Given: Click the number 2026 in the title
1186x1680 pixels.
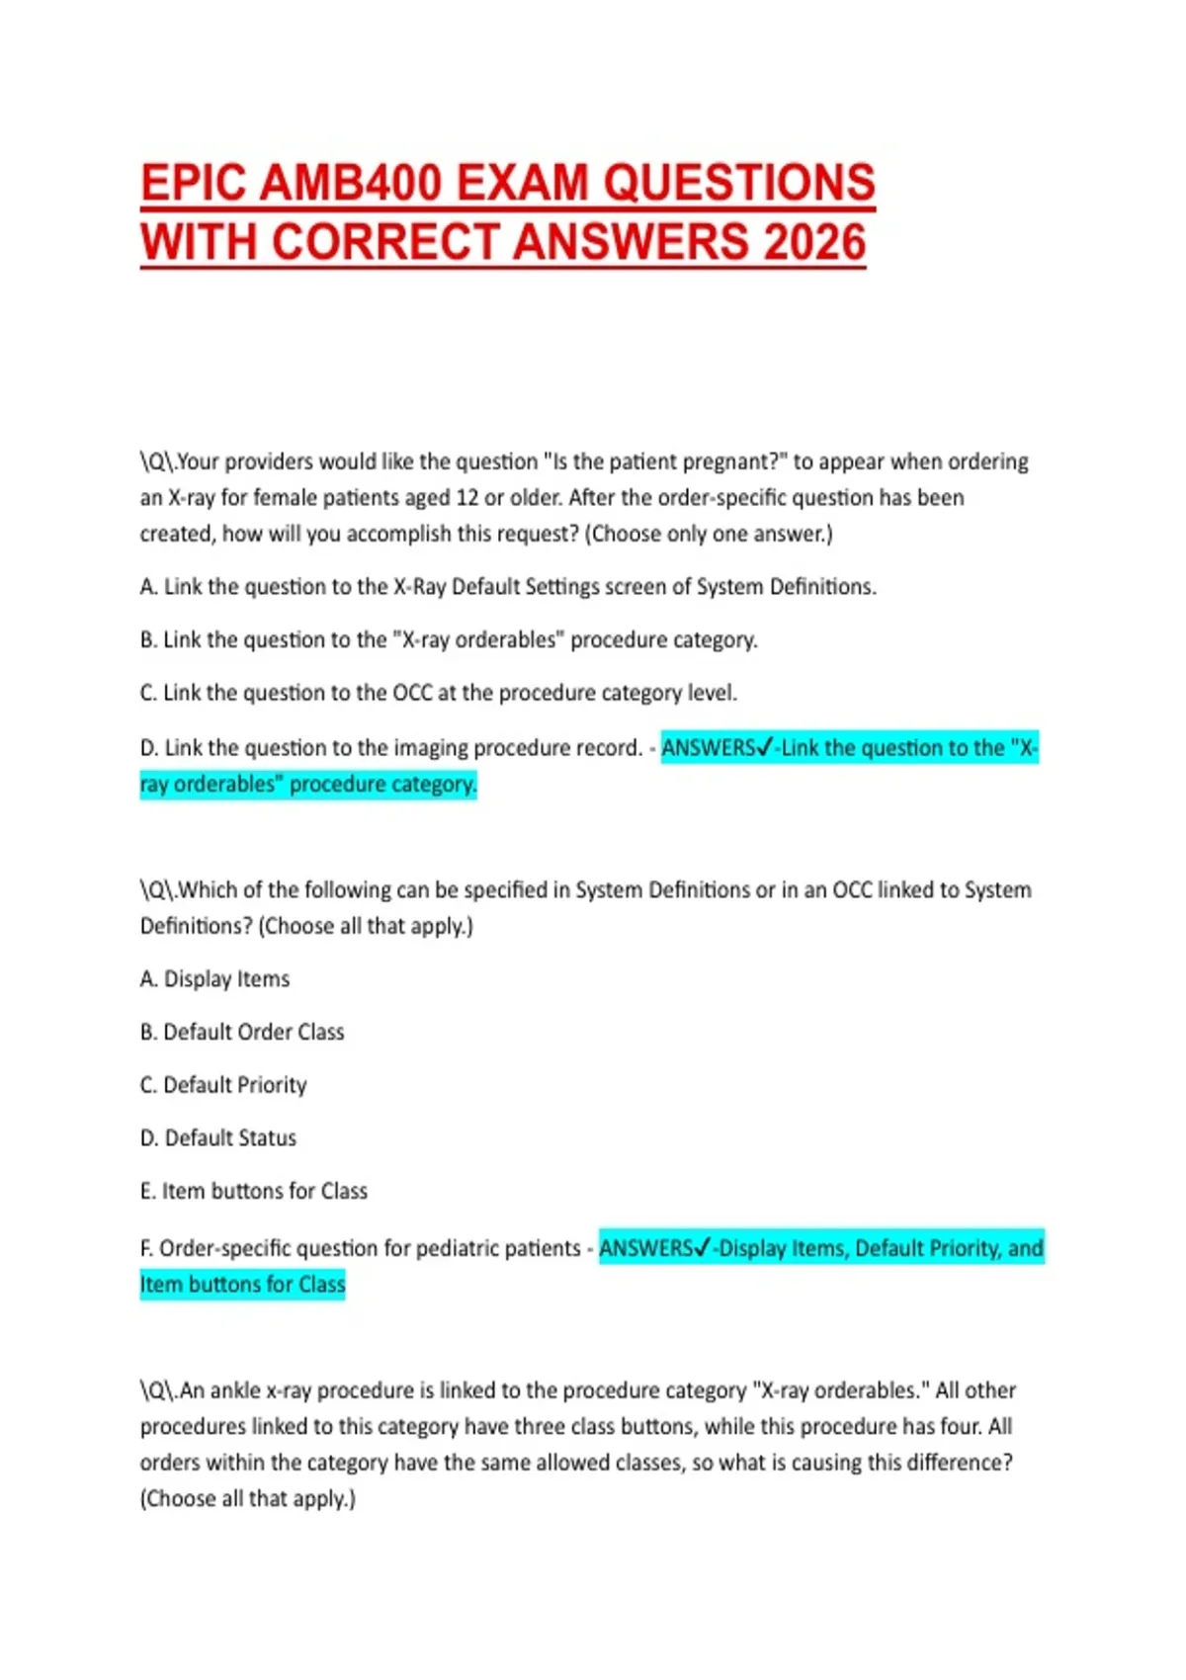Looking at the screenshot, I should pos(813,242).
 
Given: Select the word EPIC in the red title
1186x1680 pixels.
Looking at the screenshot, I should pos(195,184).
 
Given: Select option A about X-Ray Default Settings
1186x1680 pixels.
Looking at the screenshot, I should pos(508,587).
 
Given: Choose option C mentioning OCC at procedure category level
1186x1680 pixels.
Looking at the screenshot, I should pos(438,693).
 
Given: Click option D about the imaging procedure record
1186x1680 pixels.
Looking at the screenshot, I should pos(391,748).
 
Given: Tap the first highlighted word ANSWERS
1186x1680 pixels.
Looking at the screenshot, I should pos(707,748).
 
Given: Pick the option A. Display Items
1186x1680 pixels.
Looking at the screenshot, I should pos(215,979).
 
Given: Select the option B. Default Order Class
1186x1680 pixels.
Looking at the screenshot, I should pos(242,1033).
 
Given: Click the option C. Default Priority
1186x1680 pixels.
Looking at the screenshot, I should pos(223,1085).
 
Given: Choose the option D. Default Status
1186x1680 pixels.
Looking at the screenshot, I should pos(218,1138).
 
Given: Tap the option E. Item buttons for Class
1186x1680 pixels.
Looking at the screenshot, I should pos(254,1192).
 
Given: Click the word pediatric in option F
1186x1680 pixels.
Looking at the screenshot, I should pos(458,1249).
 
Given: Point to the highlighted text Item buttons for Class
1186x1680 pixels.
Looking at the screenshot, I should pos(242,1285).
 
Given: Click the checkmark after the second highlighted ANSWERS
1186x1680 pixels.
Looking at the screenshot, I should pos(703,1248).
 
